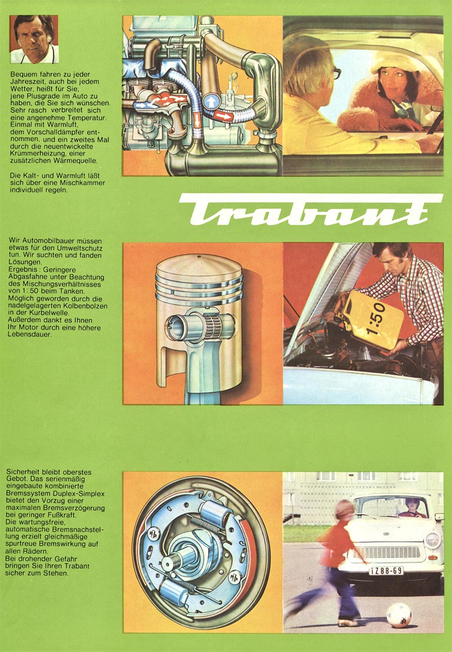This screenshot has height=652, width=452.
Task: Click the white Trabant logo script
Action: tap(311, 210)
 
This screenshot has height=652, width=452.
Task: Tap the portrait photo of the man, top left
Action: tap(34, 39)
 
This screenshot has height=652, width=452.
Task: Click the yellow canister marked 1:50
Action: tap(373, 320)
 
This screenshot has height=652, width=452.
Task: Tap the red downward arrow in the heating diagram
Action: tap(197, 119)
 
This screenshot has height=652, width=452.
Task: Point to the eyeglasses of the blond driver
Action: tap(336, 73)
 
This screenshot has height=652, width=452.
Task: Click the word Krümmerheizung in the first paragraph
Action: tap(31, 153)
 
